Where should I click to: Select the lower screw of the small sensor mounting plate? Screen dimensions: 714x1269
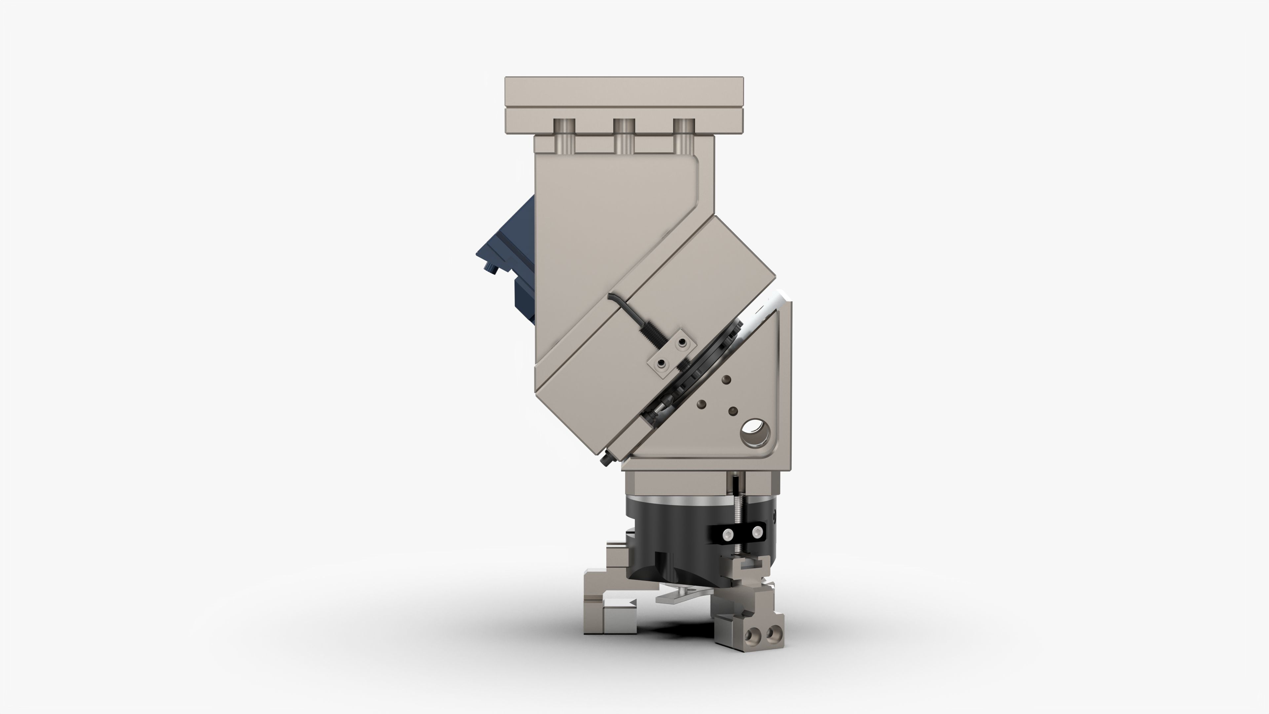point(661,365)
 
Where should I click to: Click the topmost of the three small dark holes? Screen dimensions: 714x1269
point(726,379)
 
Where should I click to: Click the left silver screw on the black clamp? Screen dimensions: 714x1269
point(726,533)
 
